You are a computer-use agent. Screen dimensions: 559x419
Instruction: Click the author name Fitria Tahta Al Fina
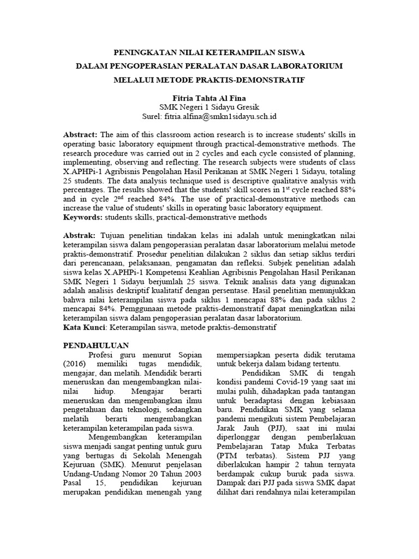[x=209, y=97]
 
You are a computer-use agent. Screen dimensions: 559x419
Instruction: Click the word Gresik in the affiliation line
[x=247, y=107]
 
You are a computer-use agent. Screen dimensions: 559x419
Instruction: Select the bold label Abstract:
[x=80, y=134]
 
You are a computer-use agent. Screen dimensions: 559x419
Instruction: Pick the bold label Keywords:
[x=82, y=217]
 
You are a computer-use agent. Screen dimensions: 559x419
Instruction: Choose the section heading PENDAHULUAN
[x=96, y=346]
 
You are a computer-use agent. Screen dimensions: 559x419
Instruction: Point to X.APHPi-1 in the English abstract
[x=87, y=171]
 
